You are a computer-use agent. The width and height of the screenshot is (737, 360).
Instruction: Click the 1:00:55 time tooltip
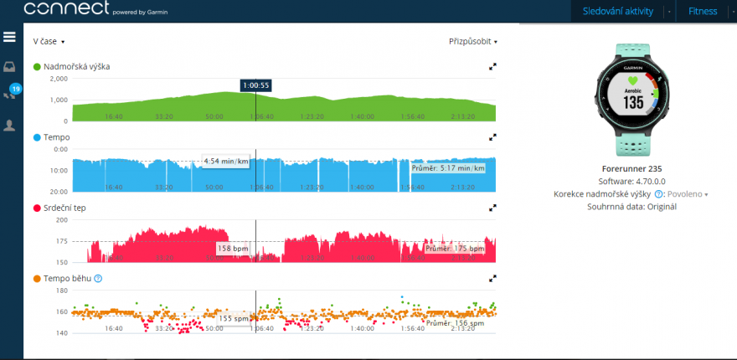255,85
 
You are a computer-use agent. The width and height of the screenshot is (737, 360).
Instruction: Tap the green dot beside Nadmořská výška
37,66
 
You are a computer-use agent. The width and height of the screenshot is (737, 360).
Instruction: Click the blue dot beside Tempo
37,137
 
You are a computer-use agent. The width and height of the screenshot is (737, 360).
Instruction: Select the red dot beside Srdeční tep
37,207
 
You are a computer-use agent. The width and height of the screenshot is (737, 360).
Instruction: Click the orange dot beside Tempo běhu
37,278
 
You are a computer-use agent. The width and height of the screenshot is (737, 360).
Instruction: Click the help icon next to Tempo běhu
99,278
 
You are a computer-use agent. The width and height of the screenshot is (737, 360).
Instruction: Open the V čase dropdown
49,41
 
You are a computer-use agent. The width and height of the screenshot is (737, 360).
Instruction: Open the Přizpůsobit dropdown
473,41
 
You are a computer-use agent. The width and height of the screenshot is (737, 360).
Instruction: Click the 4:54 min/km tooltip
225,161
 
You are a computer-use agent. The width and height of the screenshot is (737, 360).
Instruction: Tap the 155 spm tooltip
234,318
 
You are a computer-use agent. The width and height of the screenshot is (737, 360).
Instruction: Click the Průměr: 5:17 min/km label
448,168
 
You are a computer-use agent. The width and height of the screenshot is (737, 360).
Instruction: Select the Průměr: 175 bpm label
454,249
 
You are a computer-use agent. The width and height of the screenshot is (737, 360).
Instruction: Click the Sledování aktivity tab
617,11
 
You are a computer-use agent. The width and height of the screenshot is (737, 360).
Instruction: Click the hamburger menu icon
10,37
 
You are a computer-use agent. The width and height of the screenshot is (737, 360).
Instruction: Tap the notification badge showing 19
15,88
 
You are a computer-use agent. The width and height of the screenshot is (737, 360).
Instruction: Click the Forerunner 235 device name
631,167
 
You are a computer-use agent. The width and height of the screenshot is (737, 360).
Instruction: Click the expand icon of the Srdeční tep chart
492,207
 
